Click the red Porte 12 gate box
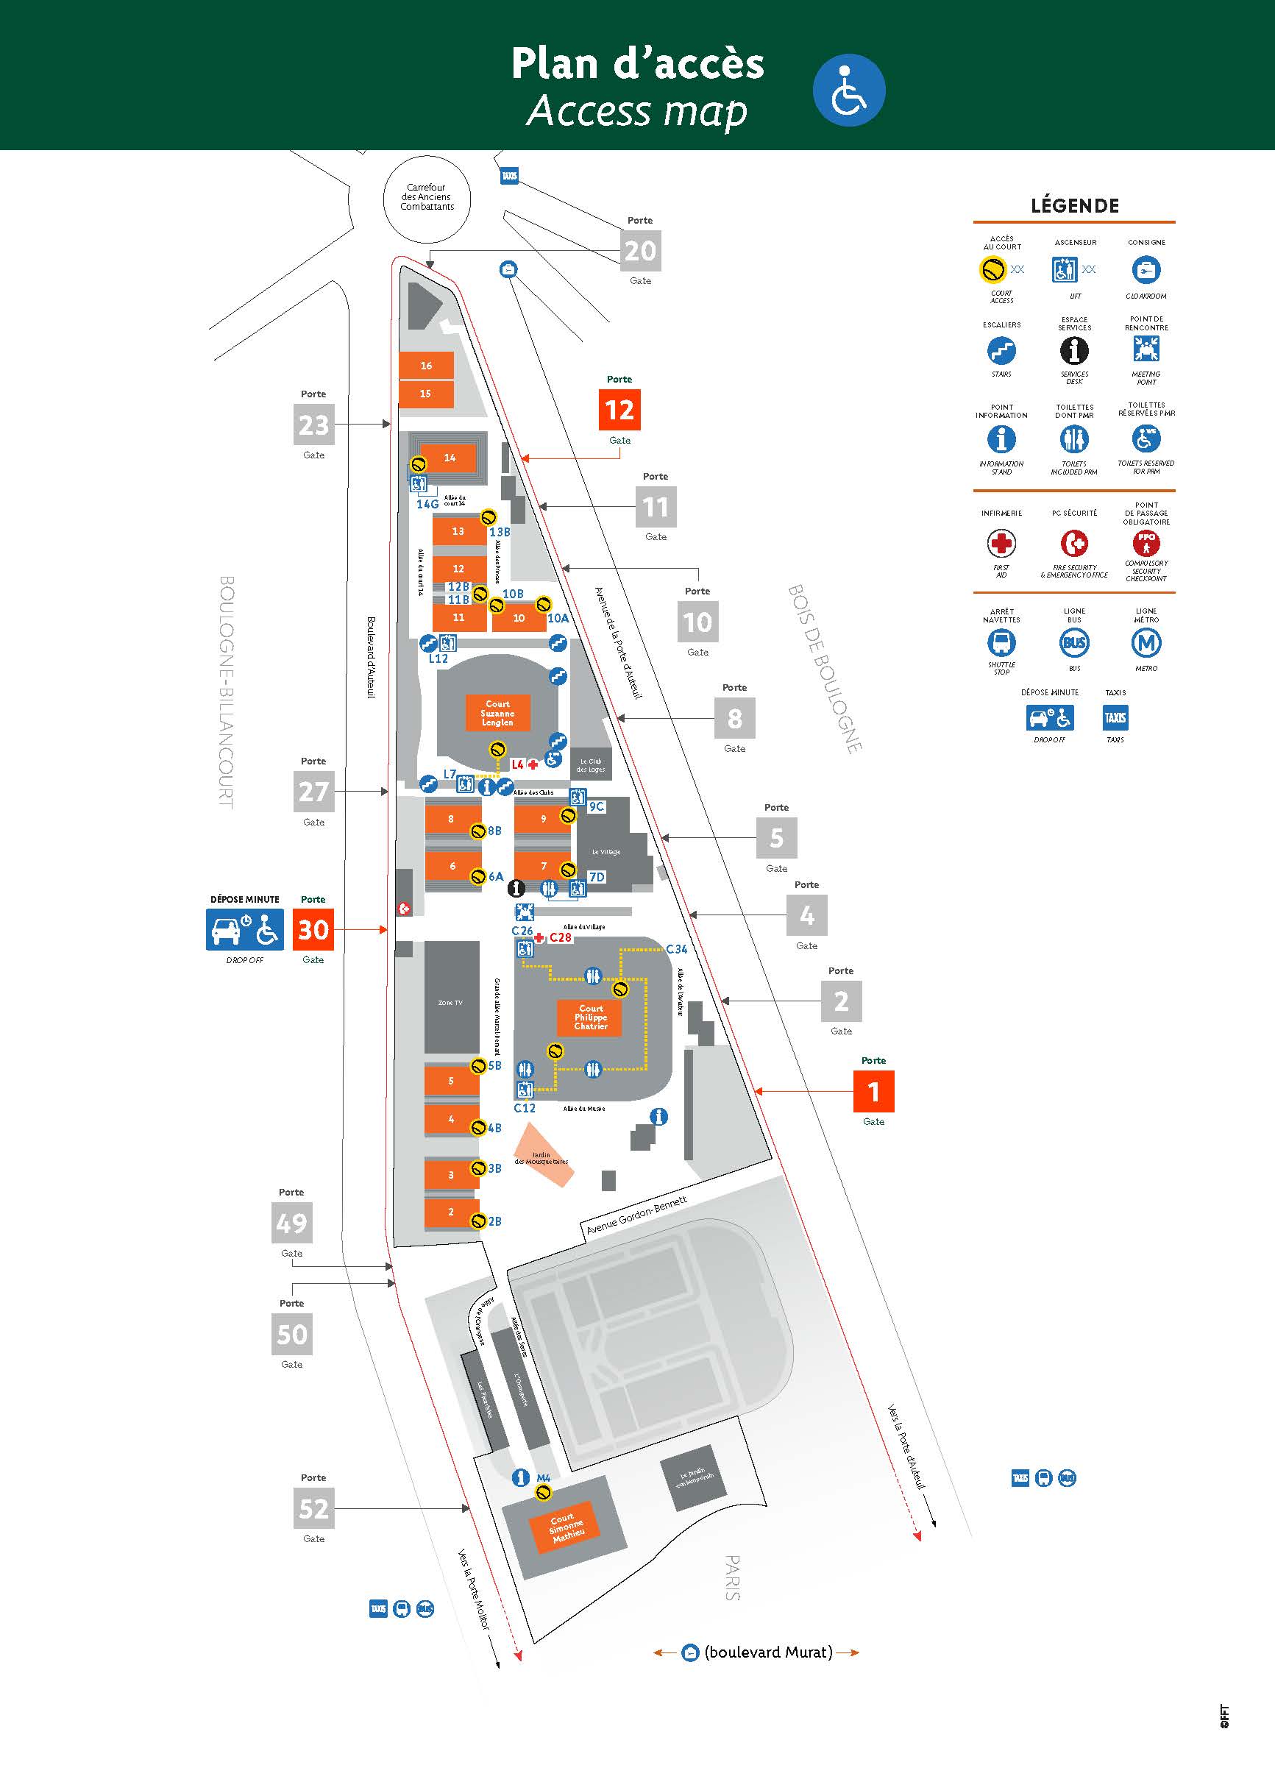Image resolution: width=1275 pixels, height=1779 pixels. coord(619,411)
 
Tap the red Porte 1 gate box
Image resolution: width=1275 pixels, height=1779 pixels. coord(873,1091)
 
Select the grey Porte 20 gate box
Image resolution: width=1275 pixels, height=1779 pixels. coord(640,250)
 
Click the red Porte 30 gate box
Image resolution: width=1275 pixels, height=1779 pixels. coord(312,929)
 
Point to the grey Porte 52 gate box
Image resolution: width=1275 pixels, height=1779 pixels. coord(313,1508)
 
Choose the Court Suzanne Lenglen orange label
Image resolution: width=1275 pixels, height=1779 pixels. coord(497,713)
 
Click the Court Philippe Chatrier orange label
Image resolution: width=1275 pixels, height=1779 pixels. coord(591,1018)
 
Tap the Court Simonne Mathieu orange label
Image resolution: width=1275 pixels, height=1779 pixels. coord(566,1527)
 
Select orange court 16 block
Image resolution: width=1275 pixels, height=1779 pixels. coord(426,366)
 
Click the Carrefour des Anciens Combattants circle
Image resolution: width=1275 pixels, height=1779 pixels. coord(427,198)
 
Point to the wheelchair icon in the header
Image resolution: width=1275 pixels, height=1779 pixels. coord(849,90)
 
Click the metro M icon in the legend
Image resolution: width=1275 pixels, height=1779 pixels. coord(1146,643)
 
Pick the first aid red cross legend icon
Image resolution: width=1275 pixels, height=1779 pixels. coord(1001,543)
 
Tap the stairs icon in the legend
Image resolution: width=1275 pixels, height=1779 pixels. coord(1001,351)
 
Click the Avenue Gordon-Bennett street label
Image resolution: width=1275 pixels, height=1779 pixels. coord(636,1215)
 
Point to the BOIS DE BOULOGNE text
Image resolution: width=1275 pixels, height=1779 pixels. coord(825,667)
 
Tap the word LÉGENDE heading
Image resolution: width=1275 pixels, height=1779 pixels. coord(1074,205)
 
